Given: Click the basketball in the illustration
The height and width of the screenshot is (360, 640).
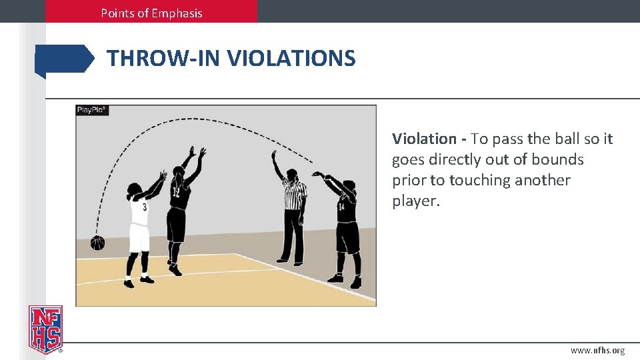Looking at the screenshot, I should [98, 243].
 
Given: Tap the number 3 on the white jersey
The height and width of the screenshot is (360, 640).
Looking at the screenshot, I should [145, 207].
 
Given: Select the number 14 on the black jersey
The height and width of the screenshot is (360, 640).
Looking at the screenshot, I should [341, 207].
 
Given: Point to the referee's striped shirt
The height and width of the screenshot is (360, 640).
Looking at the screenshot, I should [293, 194].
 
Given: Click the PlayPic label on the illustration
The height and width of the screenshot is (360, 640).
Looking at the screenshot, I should [92, 110].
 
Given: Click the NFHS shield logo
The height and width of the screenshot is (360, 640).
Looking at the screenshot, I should [45, 329].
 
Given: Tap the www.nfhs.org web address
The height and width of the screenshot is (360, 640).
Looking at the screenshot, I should [597, 350].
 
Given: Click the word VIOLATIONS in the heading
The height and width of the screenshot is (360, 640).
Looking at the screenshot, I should [291, 59].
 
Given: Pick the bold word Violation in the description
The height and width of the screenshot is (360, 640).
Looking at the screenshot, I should [424, 139].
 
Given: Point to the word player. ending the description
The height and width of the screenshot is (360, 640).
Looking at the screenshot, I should [416, 201].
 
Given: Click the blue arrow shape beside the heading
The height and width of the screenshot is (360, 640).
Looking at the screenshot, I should [65, 59].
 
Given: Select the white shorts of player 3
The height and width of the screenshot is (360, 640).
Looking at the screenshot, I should [139, 237].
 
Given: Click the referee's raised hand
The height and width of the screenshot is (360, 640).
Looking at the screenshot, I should [273, 155].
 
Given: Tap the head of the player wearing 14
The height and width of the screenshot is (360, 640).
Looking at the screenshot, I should [349, 186].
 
